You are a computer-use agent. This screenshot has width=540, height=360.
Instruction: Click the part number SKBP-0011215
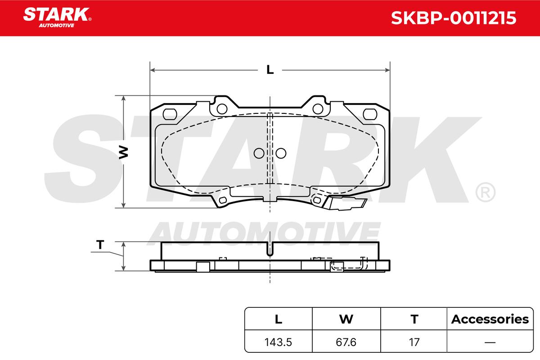pos(453,18)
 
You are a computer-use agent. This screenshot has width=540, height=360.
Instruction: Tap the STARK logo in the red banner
pos(57,18)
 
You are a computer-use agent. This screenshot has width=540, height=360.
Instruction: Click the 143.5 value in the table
pos(278,342)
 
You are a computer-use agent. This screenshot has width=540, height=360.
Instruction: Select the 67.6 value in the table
pos(346,342)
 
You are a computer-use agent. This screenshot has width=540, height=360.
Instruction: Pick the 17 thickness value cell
pos(414,342)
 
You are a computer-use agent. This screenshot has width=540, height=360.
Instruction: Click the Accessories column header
pos(490,319)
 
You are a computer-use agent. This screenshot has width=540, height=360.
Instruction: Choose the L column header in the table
pos(279,319)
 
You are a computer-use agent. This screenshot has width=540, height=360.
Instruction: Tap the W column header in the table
pos(346,319)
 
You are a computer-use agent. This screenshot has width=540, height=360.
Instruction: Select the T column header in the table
pos(414,319)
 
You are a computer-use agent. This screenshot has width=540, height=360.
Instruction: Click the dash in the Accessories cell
pos(490,342)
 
